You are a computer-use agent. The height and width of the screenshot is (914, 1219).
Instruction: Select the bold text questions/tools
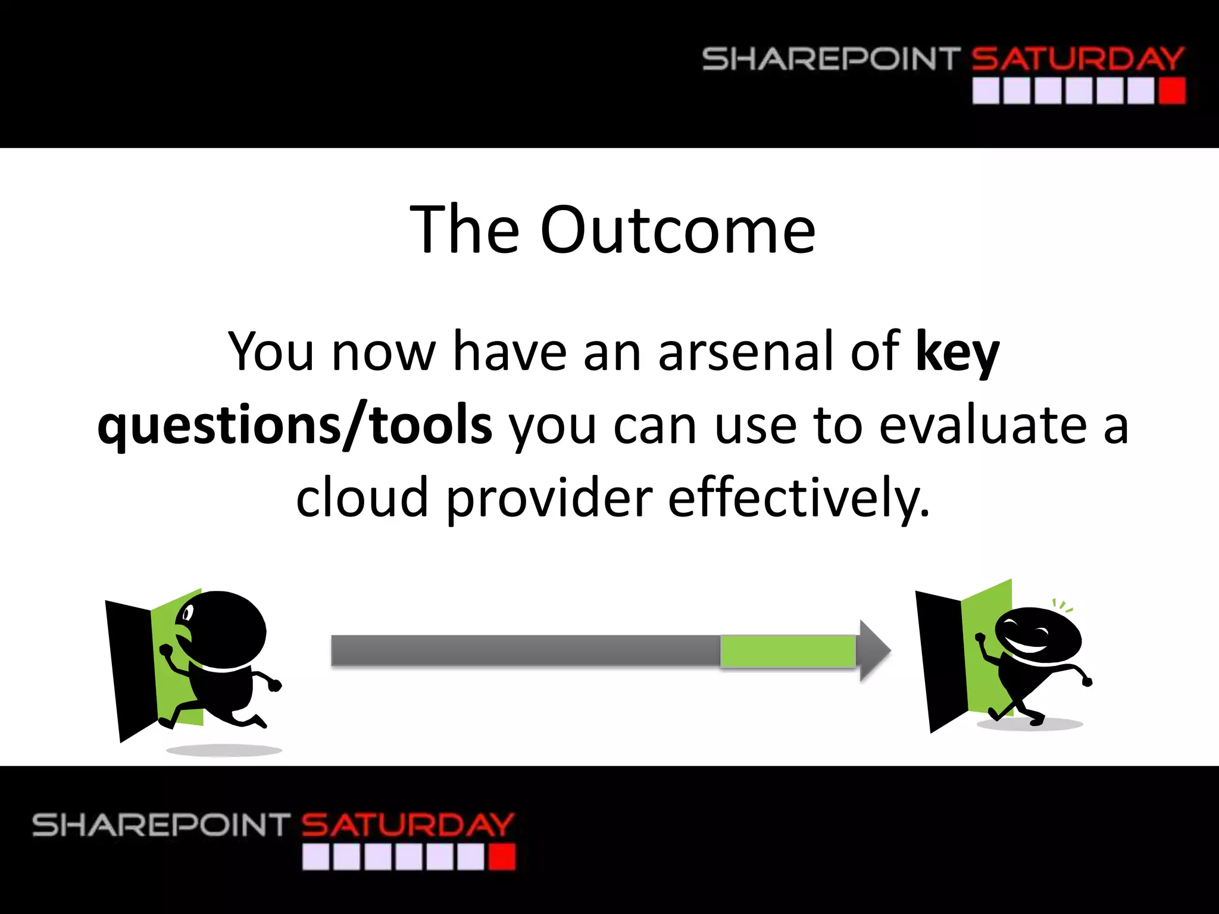click(x=295, y=426)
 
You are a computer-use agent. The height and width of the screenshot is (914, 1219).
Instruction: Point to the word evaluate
click(x=983, y=426)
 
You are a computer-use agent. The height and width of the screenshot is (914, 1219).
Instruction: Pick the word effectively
click(x=798, y=499)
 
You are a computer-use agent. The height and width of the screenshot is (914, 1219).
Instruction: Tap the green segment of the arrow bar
click(x=787, y=651)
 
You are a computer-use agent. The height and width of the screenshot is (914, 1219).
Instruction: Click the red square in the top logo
click(x=1172, y=92)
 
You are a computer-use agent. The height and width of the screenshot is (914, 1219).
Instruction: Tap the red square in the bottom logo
click(x=502, y=857)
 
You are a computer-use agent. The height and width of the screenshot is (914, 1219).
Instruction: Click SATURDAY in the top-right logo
click(x=1077, y=59)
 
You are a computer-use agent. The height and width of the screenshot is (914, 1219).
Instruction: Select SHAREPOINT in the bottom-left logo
click(x=161, y=825)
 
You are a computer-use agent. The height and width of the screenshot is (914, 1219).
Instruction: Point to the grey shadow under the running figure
click(x=224, y=750)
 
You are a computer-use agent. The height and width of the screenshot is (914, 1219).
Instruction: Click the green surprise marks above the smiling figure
click(x=1062, y=606)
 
